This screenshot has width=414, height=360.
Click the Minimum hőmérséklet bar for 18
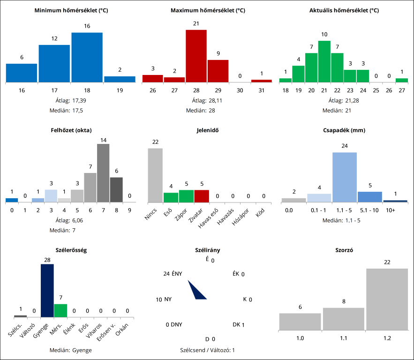87,57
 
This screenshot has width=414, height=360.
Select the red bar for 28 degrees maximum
196,56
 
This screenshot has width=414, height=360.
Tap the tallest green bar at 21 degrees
324,61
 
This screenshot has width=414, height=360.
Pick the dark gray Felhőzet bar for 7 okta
103,172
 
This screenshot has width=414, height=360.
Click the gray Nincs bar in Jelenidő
155,175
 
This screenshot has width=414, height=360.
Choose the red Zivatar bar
202,196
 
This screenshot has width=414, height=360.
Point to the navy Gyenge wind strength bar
47,291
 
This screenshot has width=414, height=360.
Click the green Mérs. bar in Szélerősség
60,310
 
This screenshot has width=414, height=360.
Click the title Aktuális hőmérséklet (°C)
344,10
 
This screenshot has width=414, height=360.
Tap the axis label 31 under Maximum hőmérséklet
261,90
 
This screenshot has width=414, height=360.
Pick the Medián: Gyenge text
71,350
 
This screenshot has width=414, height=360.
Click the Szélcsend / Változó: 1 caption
207,350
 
